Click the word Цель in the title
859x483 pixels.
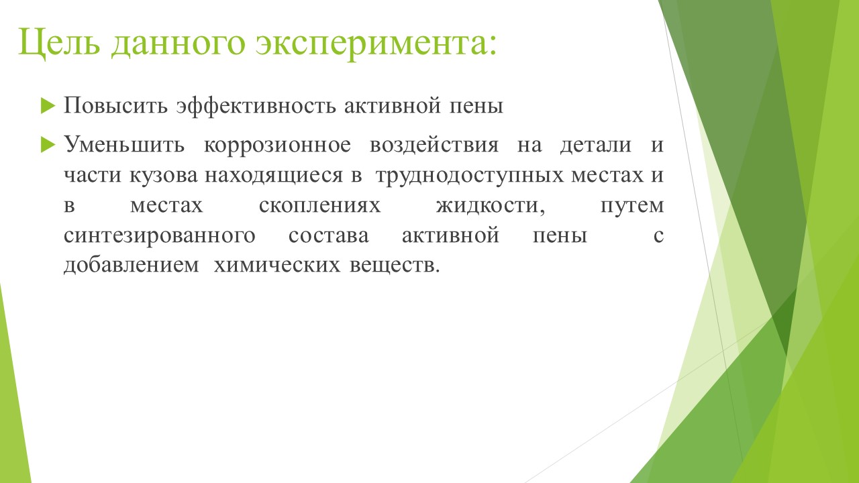(x=60, y=43)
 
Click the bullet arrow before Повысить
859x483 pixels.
(x=48, y=105)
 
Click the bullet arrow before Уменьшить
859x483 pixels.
(x=48, y=145)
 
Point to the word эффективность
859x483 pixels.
(x=256, y=106)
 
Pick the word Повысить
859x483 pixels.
(x=115, y=105)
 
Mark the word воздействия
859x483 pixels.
(x=434, y=145)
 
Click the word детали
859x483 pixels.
(x=596, y=146)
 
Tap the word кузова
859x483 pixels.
(x=164, y=176)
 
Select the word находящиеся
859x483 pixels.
(x=274, y=176)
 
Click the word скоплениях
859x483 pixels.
(x=320, y=205)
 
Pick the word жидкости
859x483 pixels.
(x=491, y=206)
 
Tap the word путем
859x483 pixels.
(x=632, y=206)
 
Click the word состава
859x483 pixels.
(x=329, y=235)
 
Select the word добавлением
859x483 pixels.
(x=132, y=265)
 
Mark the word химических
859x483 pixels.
(x=277, y=265)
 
